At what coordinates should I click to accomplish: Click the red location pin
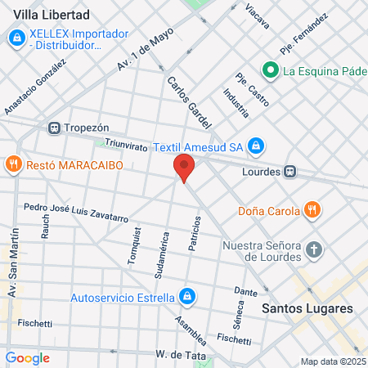point(184,168)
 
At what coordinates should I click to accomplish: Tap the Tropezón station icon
point(54,128)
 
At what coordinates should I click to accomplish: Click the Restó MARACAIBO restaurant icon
point(13,165)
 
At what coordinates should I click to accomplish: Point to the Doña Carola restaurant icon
point(311,210)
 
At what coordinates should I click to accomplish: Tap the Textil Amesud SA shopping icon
point(256,146)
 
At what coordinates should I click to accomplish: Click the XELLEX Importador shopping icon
point(16,38)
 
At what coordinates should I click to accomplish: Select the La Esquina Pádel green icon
point(268,70)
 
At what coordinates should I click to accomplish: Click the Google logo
point(27,357)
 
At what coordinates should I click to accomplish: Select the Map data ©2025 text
point(332,361)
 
